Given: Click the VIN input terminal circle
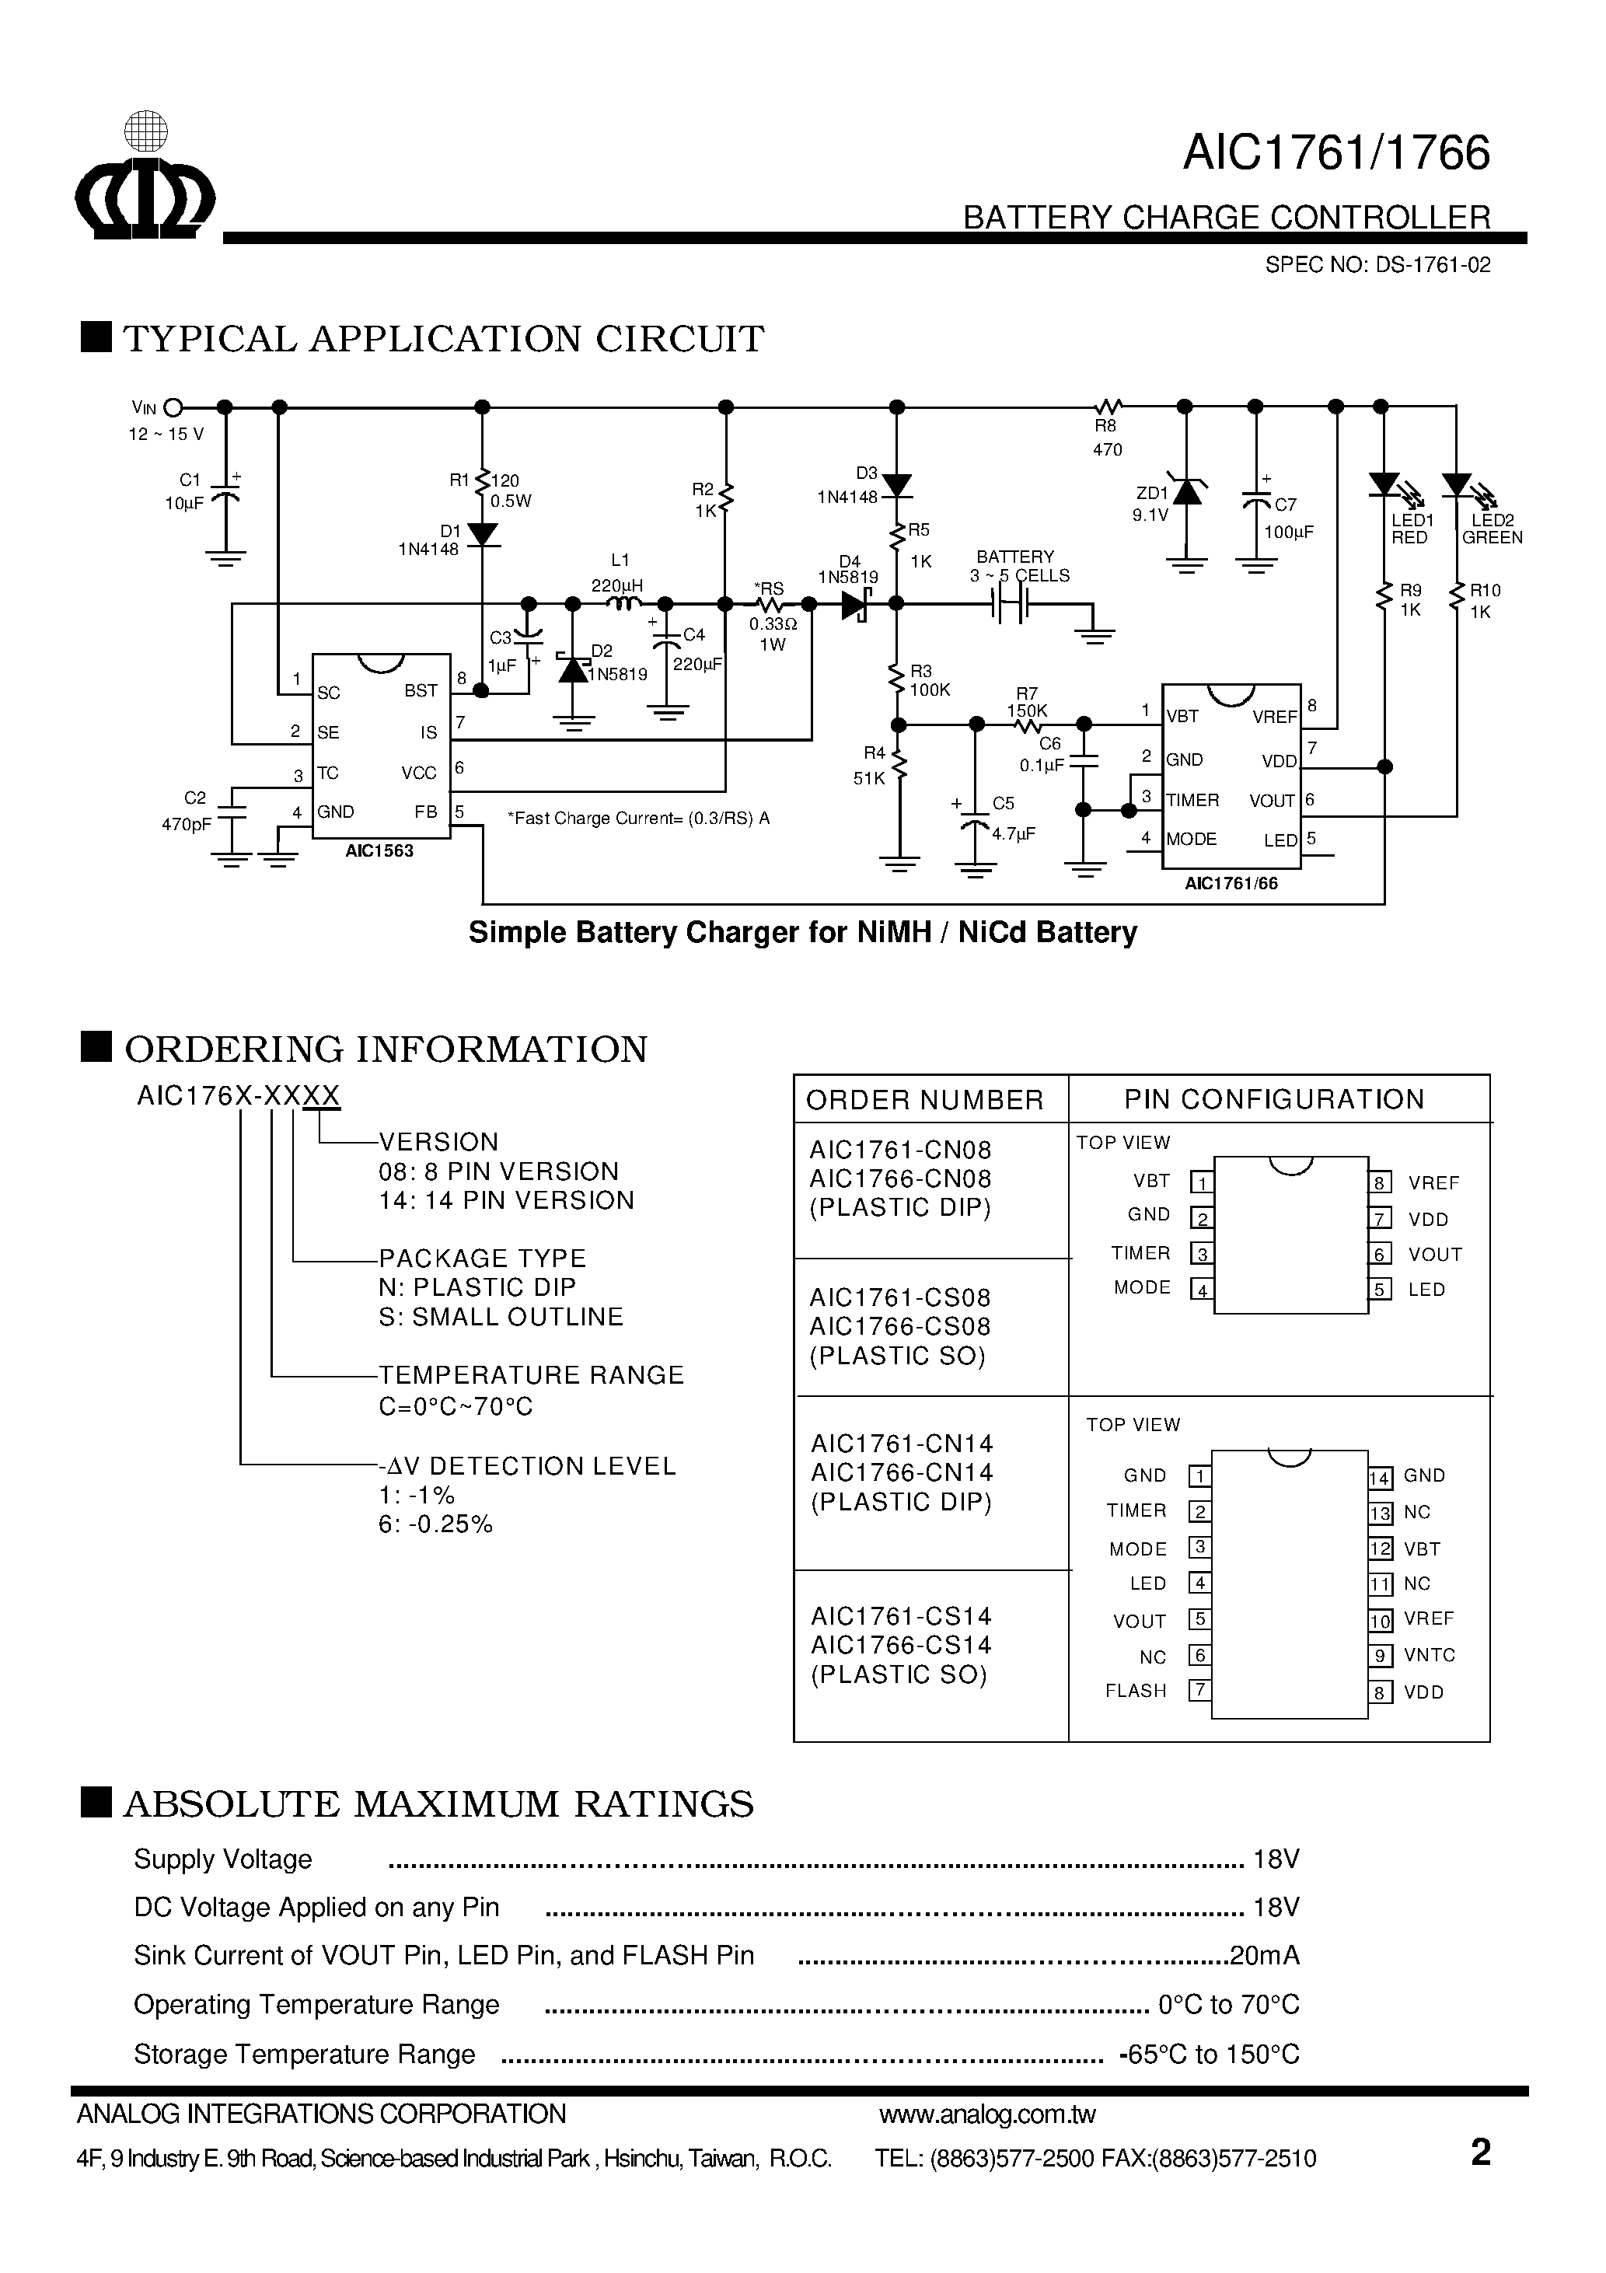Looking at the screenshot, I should pyautogui.click(x=173, y=407).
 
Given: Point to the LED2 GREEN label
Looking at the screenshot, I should pyautogui.click(x=1491, y=529).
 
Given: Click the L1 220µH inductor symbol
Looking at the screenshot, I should pyautogui.click(x=623, y=604).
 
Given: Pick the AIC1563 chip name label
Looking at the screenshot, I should pyautogui.click(x=379, y=850).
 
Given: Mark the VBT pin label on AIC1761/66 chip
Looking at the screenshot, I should pyautogui.click(x=1183, y=717).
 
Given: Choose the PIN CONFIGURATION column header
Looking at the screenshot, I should pyautogui.click(x=1273, y=1099).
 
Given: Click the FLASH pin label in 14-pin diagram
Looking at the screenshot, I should pyautogui.click(x=1136, y=1691).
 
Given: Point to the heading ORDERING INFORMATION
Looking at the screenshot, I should pyautogui.click(x=385, y=1049).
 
